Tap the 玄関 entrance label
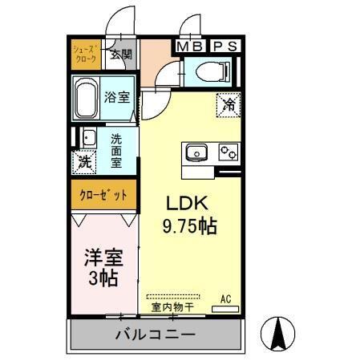point(120,55)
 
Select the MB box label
point(190,47)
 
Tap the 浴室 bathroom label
point(117,98)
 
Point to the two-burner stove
point(227,152)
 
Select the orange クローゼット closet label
point(103,195)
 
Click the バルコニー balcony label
point(155,334)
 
